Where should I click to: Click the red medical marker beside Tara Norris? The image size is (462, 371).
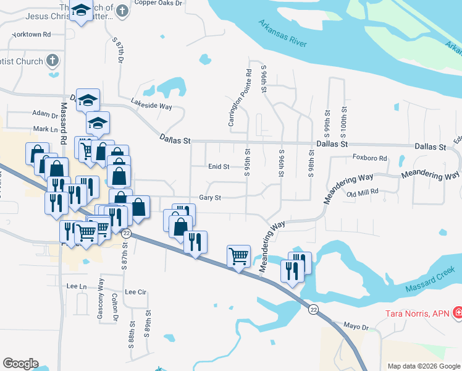coord(457,314)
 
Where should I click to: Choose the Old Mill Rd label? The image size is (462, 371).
coord(362,194)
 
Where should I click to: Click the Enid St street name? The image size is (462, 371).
coord(219,167)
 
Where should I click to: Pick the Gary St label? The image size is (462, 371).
coord(210,198)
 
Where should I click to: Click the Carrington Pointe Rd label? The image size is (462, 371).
coord(240,98)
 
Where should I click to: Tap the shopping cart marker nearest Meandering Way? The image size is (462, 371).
coord(238,255)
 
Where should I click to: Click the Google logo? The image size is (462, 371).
coord(20,364)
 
